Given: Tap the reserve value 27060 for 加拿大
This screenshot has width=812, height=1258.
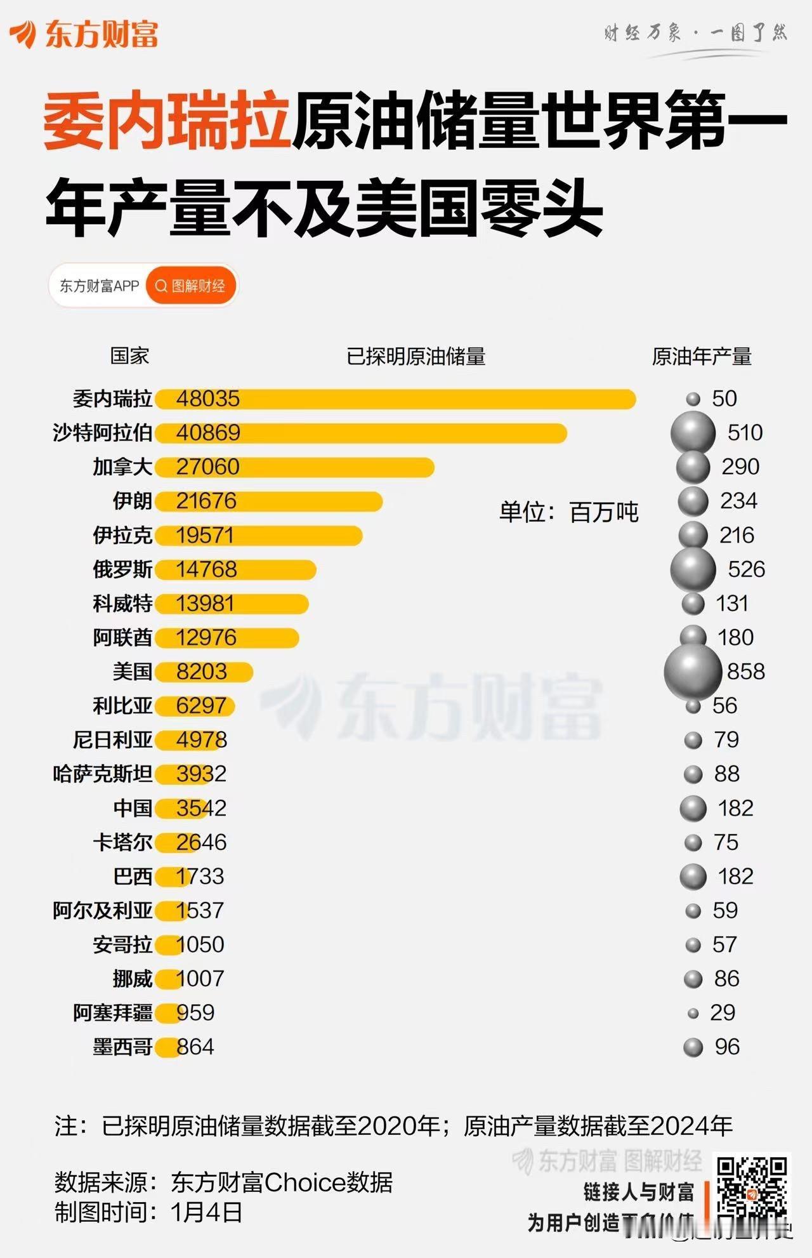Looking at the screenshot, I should (207, 467).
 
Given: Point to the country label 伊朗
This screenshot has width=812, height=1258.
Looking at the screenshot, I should (132, 501).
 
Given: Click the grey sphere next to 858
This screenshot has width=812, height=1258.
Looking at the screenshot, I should (693, 672).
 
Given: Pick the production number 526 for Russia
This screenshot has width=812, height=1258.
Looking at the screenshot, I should (746, 569).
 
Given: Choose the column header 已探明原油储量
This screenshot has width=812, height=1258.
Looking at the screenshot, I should (416, 357).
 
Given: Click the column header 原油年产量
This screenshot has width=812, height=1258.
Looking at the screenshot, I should (702, 357).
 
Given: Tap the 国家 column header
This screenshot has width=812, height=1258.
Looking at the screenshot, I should (129, 356).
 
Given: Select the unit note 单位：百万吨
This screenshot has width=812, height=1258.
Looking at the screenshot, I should (568, 512).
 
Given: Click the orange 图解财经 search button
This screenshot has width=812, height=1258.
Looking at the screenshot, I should (191, 286).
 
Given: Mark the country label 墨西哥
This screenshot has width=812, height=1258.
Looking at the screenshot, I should (122, 1047).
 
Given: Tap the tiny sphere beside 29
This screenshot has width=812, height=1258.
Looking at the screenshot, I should (693, 1014).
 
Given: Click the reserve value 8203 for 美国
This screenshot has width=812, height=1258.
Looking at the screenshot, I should (201, 672).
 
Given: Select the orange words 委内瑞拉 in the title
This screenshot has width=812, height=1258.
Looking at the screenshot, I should (166, 121).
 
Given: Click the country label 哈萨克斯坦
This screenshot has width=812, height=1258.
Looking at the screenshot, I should (102, 774).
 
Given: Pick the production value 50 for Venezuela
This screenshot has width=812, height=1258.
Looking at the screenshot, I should (724, 399).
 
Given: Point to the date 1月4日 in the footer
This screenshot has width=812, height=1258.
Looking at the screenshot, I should (207, 1212).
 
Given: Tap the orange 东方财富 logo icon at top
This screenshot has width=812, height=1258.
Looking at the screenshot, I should (23, 34).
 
